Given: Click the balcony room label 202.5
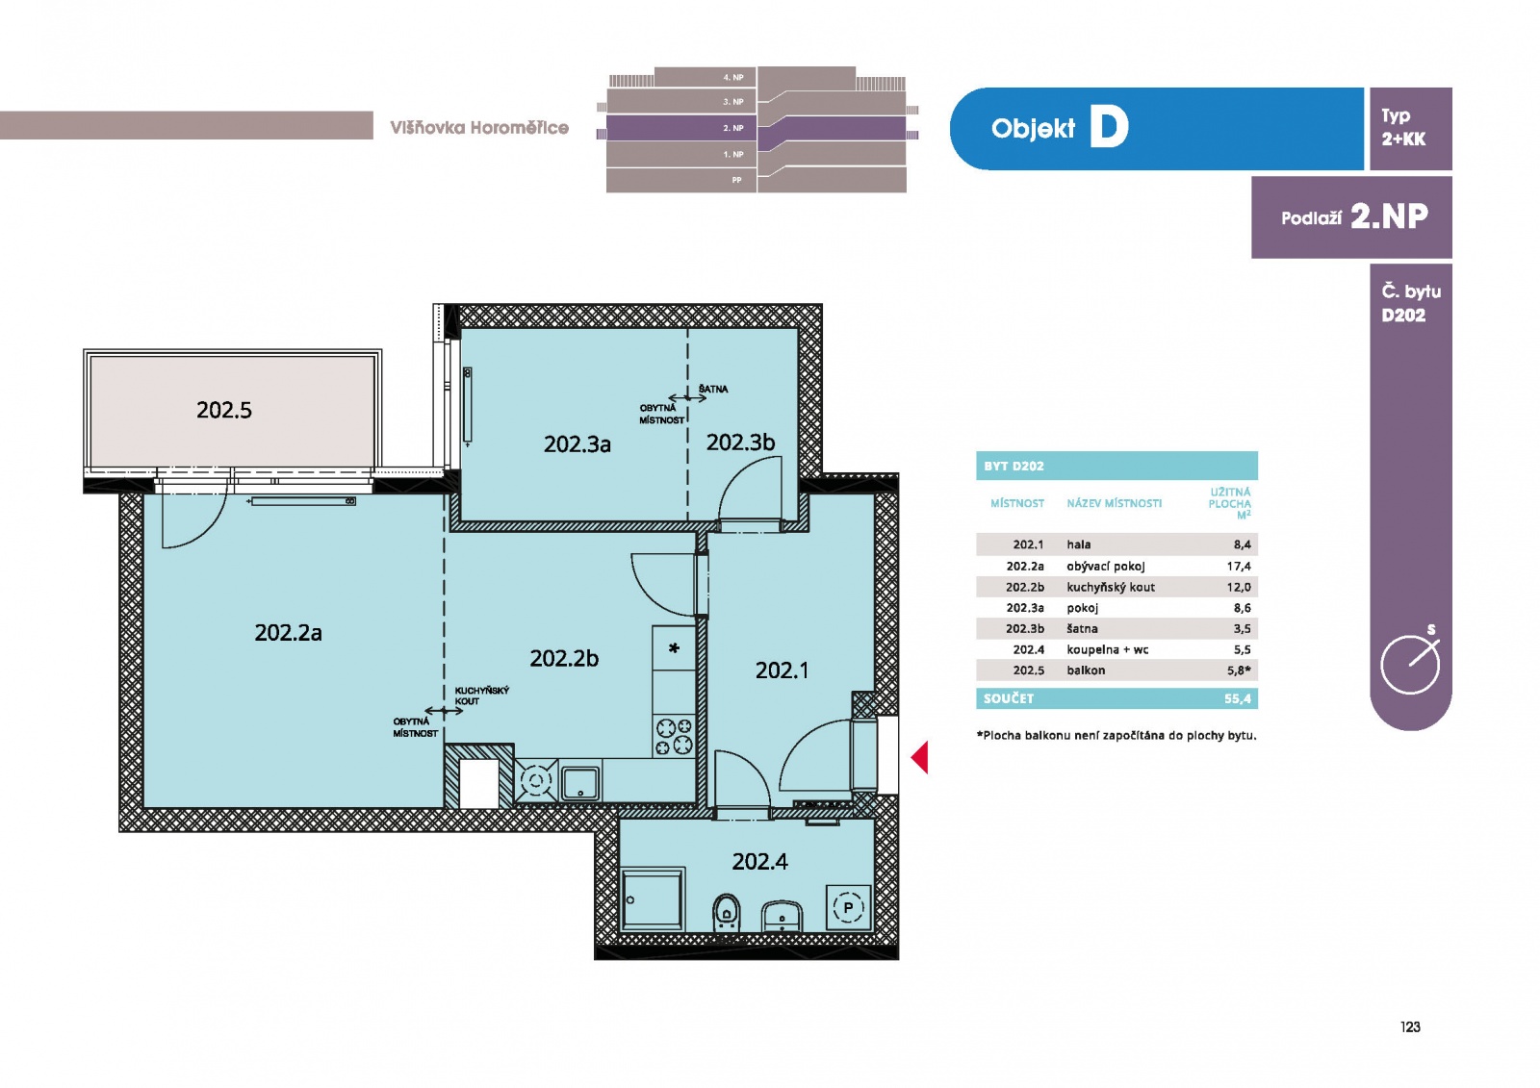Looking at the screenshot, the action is point(224,411).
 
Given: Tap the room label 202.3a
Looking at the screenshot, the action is point(577,444).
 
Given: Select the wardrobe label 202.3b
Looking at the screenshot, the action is point(740,442).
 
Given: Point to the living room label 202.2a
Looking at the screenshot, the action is point(288,632).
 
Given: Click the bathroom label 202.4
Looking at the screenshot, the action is point(759,861).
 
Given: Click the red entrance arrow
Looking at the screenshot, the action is point(920,757).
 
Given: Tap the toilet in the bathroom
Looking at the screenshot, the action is point(726,914).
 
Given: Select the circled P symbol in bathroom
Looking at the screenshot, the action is point(848,907).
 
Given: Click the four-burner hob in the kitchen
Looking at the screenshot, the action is point(674,736).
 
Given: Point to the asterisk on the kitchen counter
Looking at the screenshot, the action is point(674,648).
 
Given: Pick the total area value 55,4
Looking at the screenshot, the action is point(1237,698).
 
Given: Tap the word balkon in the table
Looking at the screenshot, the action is point(1086,671).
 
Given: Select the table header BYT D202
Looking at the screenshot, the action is point(1014,466).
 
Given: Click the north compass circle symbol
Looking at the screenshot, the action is point(1410,665).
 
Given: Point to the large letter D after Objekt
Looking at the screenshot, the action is point(1109,127).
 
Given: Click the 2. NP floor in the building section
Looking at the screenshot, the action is point(756,128).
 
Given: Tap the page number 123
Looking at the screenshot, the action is point(1410,1026).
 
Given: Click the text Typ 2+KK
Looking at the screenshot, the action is point(1403,127).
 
